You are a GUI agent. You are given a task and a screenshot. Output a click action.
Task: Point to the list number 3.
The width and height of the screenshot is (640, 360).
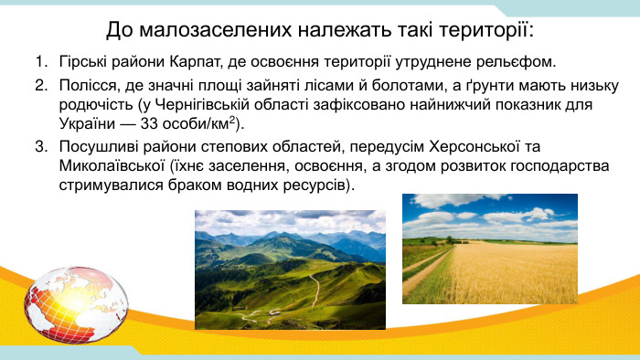point(40,146)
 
